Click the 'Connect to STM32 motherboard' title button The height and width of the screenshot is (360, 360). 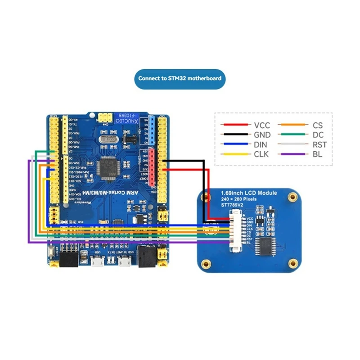[x=180, y=78]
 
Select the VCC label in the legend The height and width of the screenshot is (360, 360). [x=262, y=125]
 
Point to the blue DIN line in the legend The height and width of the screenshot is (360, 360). [x=234, y=144]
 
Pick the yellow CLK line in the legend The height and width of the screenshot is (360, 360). [x=234, y=154]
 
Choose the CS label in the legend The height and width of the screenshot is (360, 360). [x=317, y=125]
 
